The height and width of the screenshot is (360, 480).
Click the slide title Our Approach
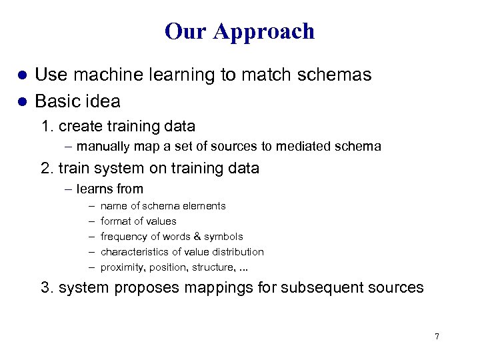coord(239,31)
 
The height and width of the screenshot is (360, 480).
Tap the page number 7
coord(437,337)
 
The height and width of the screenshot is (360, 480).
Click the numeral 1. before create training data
coord(47,126)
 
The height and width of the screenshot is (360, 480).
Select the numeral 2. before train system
coord(47,169)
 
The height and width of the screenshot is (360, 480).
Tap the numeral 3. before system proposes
coord(47,288)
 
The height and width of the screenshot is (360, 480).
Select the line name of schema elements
coord(163,206)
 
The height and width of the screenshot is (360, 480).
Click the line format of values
coord(138,221)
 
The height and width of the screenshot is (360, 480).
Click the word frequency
coord(124,237)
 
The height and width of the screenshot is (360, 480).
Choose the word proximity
coord(121,267)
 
